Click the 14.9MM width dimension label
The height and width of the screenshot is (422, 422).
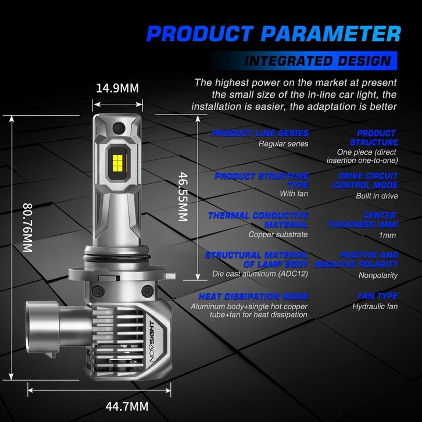pyautogui.click(x=117, y=88)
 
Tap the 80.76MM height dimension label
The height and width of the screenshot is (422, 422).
pyautogui.click(x=27, y=227)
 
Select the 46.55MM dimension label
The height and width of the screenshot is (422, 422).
pyautogui.click(x=183, y=196)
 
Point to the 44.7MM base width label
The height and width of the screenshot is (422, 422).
pyautogui.click(x=127, y=406)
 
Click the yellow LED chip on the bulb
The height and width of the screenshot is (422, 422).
pyautogui.click(x=117, y=163)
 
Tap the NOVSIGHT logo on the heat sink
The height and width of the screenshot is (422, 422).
pyautogui.click(x=152, y=342)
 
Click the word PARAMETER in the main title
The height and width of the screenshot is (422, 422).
pyautogui.click(x=331, y=34)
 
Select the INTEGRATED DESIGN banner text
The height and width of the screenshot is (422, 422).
pyautogui.click(x=318, y=61)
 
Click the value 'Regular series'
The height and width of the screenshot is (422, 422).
pyautogui.click(x=283, y=144)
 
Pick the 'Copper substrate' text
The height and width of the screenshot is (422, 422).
pyautogui.click(x=278, y=234)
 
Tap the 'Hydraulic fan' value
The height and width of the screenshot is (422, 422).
pyautogui.click(x=375, y=306)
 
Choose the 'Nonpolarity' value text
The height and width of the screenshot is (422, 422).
pyautogui.click(x=378, y=276)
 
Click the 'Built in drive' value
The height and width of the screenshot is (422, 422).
pyautogui.click(x=377, y=196)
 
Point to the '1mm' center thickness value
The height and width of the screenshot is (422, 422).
pyautogui.click(x=387, y=235)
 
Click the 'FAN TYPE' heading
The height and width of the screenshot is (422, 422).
pyautogui.click(x=378, y=296)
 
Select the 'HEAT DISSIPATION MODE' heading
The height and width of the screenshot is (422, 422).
pyautogui.click(x=253, y=296)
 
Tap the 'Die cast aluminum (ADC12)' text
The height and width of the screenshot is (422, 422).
pyautogui.click(x=260, y=274)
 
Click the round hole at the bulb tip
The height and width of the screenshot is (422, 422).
pyautogui.click(x=119, y=127)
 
